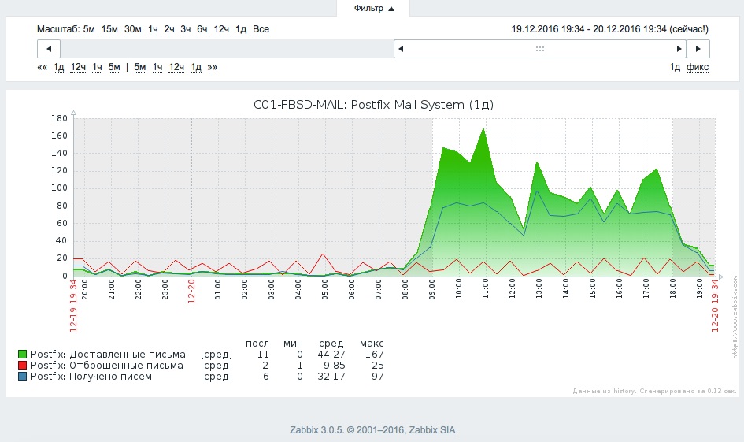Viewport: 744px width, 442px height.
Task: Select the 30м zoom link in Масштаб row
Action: [133, 29]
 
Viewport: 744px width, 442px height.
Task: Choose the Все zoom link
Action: [261, 29]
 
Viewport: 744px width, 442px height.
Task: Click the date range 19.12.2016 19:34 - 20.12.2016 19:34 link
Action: [609, 29]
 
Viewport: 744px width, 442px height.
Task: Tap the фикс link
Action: [697, 67]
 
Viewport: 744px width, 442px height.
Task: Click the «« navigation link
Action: [43, 67]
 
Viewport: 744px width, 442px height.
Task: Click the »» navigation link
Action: [212, 67]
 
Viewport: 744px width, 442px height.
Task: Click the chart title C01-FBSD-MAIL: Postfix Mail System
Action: [373, 104]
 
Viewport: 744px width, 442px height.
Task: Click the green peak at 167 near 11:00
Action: [483, 129]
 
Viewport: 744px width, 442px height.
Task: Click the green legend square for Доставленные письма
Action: [23, 355]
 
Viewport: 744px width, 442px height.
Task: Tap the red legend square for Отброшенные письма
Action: [23, 366]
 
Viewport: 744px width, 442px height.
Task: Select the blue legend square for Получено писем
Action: [23, 377]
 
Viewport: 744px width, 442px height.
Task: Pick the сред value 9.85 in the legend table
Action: [332, 366]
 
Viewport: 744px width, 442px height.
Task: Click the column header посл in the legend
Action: [257, 344]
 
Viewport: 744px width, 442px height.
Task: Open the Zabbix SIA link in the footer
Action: [431, 430]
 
